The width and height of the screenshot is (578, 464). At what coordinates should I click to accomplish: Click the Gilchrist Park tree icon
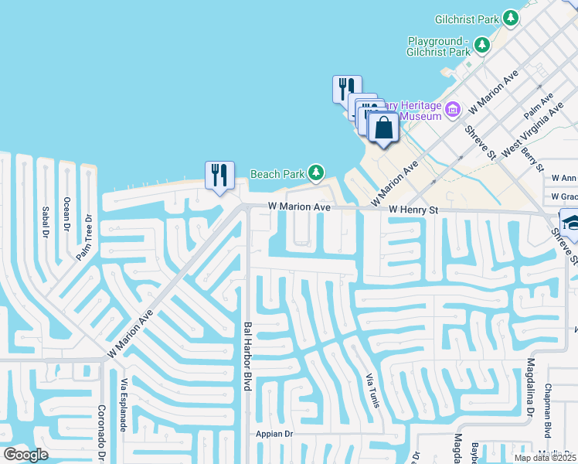[510, 17]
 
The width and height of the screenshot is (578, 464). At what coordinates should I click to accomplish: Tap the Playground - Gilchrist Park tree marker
[482, 46]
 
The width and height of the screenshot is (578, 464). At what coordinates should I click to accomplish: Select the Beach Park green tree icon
[315, 172]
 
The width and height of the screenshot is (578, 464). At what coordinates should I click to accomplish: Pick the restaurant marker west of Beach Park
[219, 176]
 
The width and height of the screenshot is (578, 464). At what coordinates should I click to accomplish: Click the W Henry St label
[413, 210]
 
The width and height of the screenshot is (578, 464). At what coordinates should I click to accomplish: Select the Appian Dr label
[275, 434]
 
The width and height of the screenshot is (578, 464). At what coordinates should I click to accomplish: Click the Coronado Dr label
[100, 433]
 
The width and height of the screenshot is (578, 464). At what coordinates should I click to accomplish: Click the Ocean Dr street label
[67, 213]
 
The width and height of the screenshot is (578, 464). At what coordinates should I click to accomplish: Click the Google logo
[25, 455]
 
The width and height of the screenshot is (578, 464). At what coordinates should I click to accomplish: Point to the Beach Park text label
[277, 174]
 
